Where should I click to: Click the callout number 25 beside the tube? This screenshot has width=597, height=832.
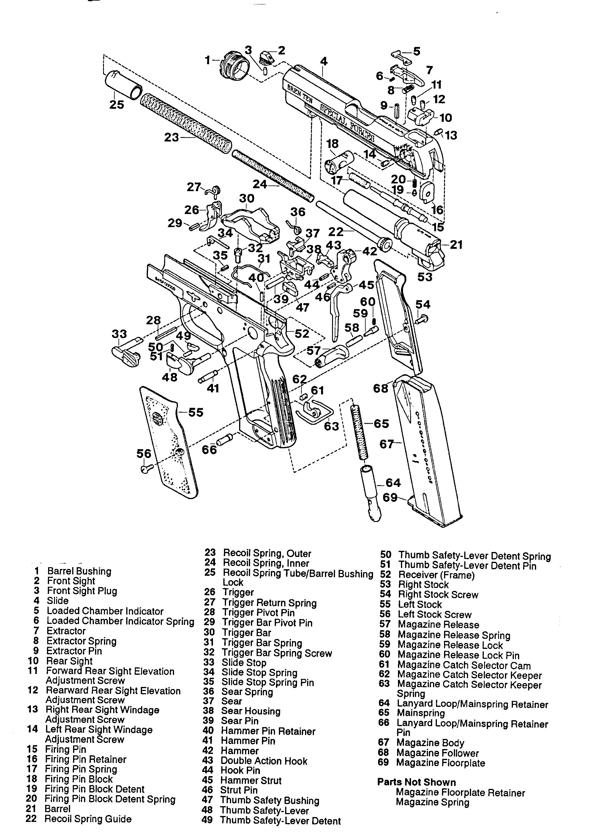[116, 105]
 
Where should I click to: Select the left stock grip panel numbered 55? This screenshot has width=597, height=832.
[169, 442]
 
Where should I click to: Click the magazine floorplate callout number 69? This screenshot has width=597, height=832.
[390, 498]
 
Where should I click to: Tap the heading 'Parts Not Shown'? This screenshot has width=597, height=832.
[416, 782]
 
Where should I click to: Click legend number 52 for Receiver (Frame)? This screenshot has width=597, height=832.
[385, 575]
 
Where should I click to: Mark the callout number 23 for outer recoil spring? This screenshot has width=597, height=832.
[171, 138]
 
